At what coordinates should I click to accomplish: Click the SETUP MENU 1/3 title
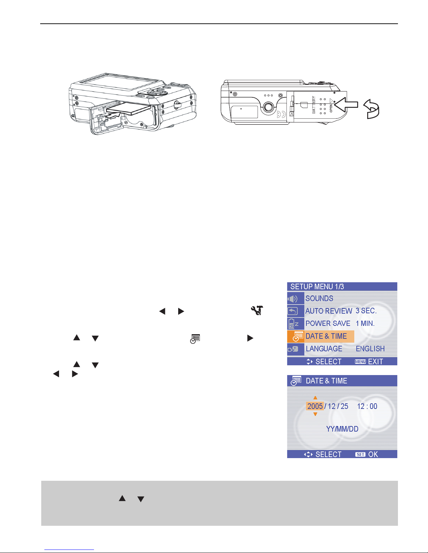(317, 286)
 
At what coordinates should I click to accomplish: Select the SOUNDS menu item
(319, 298)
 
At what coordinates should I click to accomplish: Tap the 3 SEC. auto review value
(366, 311)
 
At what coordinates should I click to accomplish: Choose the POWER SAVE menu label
(328, 323)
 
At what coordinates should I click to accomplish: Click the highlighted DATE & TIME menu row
(321, 336)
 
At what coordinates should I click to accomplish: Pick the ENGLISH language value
(370, 349)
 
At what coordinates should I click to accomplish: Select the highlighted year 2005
(315, 406)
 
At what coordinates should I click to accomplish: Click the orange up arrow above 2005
(315, 398)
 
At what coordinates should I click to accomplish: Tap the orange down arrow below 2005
(315, 414)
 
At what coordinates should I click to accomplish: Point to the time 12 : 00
(367, 406)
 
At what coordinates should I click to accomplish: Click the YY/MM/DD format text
(342, 429)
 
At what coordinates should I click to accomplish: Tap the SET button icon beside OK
(360, 455)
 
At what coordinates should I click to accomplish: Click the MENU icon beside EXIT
(360, 361)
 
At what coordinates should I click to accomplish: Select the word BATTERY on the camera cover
(314, 105)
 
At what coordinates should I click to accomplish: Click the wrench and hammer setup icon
(257, 311)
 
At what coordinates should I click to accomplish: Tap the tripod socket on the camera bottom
(268, 107)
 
